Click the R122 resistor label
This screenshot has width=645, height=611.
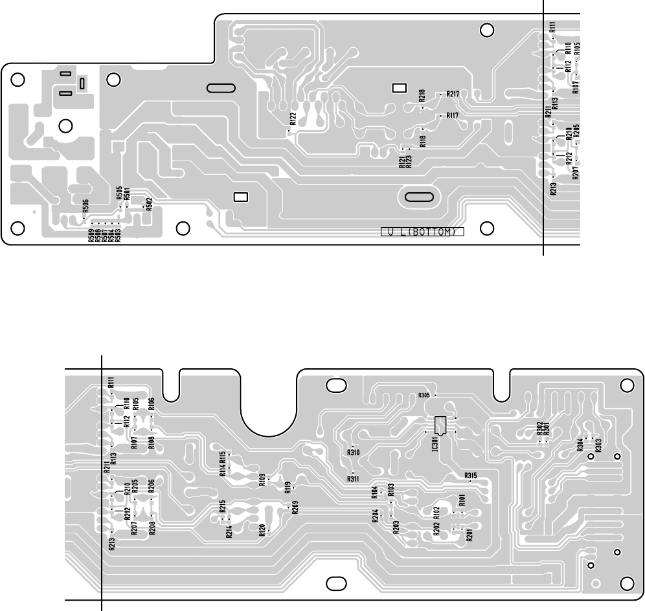click(x=293, y=118)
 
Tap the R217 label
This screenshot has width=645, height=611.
click(x=453, y=94)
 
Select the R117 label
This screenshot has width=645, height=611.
click(x=452, y=116)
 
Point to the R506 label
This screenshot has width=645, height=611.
click(x=85, y=206)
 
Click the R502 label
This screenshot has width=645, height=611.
click(x=149, y=204)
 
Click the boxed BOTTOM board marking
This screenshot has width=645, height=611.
click(x=423, y=232)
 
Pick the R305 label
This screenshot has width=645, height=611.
click(x=425, y=395)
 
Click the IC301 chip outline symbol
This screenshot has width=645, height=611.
click(x=441, y=425)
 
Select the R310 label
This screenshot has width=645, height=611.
click(x=353, y=452)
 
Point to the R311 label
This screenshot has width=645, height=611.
click(x=353, y=479)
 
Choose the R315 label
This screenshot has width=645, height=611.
click(x=471, y=476)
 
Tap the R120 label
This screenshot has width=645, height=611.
click(x=262, y=531)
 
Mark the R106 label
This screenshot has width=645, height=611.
click(x=151, y=405)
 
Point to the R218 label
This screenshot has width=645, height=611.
click(x=422, y=96)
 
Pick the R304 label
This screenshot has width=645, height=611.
click(x=580, y=445)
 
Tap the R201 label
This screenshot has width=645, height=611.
click(x=469, y=535)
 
